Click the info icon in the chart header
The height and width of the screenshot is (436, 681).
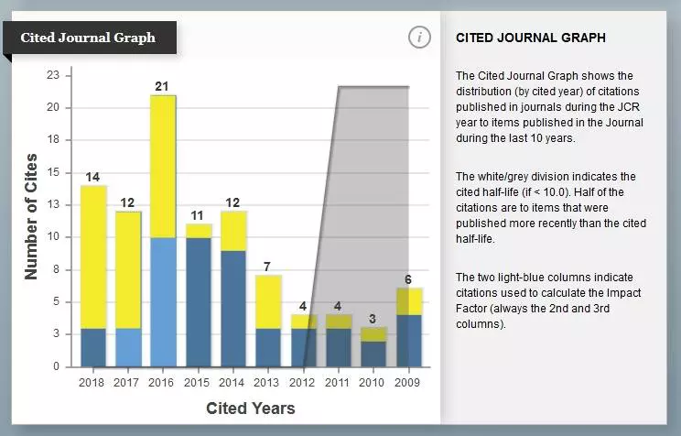tap(418, 38)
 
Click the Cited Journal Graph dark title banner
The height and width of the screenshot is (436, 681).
tap(88, 38)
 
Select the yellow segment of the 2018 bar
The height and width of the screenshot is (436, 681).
tap(93, 256)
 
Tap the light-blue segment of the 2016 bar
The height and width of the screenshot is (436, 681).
tap(163, 301)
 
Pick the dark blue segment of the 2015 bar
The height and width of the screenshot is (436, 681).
tap(198, 301)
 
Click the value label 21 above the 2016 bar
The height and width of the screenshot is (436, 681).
tap(162, 87)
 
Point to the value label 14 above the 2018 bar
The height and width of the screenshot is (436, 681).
tap(92, 177)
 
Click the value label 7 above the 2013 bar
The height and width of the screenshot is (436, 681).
tap(266, 267)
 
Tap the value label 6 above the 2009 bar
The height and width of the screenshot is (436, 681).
tap(408, 279)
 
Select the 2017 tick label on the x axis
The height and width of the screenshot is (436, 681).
tap(127, 381)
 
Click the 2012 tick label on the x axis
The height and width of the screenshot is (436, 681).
tap(302, 381)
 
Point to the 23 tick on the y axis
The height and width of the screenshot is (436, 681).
tap(53, 75)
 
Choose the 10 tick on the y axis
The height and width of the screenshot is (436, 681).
tap(53, 237)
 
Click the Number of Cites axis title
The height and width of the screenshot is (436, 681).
tap(31, 216)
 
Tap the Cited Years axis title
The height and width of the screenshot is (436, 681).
tap(250, 408)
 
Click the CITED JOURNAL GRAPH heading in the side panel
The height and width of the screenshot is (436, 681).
tap(531, 38)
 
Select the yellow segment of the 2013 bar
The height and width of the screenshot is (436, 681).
tap(267, 301)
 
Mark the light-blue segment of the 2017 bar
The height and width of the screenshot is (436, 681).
tap(128, 347)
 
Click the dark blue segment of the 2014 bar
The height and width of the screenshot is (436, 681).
tap(232, 308)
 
